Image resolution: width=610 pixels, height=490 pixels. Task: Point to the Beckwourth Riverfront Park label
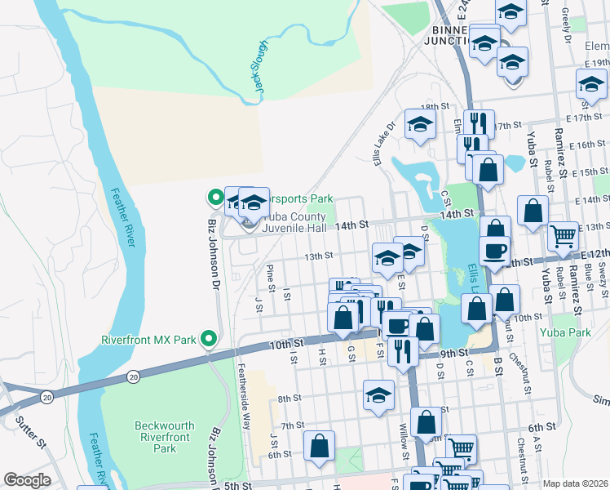click(x=165, y=437)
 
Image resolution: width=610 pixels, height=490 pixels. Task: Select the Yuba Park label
click(x=564, y=332)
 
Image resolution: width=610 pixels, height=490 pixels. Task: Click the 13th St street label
click(x=318, y=256)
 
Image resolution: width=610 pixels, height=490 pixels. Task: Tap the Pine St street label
click(x=268, y=277)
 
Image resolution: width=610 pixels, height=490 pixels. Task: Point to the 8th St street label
click(x=290, y=399)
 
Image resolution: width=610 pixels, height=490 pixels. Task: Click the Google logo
click(x=27, y=480)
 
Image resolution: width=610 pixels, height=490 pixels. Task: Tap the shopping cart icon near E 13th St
click(x=563, y=236)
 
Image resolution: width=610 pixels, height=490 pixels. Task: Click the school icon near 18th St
click(x=420, y=124)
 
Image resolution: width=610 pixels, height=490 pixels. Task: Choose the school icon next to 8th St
click(x=378, y=395)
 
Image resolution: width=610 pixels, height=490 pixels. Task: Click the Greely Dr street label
click(x=566, y=16)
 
